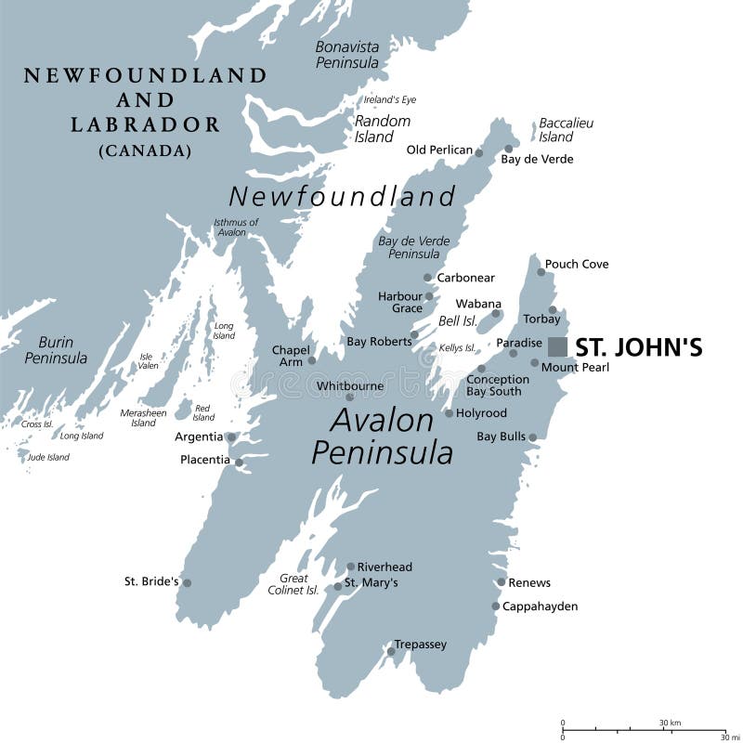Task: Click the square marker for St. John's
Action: (x=557, y=346)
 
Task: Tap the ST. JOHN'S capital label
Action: (x=638, y=347)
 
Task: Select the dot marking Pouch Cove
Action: (x=541, y=271)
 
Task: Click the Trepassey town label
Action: (x=420, y=644)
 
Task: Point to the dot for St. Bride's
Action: (x=187, y=583)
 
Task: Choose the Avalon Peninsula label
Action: (x=383, y=437)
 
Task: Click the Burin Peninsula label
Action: (x=56, y=349)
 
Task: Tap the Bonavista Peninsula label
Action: (x=347, y=54)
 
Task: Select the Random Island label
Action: (x=381, y=129)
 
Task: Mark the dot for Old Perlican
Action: (x=480, y=151)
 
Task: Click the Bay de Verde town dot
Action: (x=508, y=149)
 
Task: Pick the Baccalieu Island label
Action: (x=566, y=130)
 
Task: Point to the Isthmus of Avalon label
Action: (x=236, y=228)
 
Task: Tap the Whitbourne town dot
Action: (x=350, y=397)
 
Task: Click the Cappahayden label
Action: (x=540, y=606)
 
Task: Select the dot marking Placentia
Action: (x=239, y=462)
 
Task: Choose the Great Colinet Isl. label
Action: (x=293, y=584)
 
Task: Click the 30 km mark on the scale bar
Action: (x=670, y=723)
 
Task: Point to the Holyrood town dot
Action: (x=449, y=413)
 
